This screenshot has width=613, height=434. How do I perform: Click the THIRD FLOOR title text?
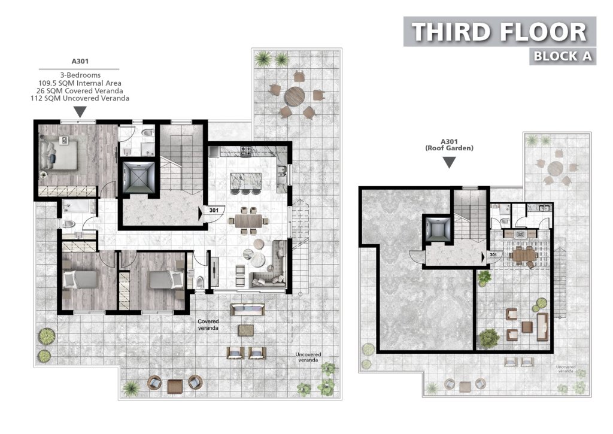point(499,32)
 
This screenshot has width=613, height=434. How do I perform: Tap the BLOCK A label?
point(563,56)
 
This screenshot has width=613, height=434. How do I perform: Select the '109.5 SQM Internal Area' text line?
point(80,83)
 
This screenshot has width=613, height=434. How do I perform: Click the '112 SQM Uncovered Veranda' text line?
point(80,98)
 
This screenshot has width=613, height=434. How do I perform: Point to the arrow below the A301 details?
point(80,112)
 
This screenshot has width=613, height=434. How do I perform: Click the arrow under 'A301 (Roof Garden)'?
point(449,162)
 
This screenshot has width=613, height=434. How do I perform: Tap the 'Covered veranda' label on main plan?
point(208,324)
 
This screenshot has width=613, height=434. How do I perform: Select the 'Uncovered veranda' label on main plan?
point(308,357)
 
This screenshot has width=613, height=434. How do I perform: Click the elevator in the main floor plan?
point(139,177)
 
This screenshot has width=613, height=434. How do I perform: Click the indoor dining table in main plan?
point(248,220)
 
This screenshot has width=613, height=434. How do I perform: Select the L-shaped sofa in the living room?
point(270,265)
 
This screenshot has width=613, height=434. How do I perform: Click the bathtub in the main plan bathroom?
point(77,207)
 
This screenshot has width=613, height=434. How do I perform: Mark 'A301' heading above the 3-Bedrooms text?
point(80,62)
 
